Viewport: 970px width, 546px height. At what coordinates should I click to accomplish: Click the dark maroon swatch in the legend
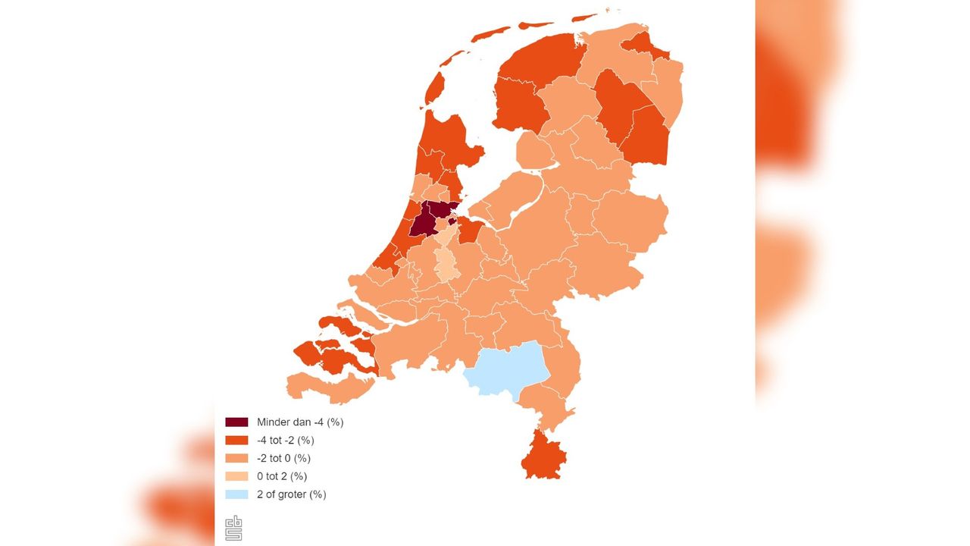click(x=236, y=422)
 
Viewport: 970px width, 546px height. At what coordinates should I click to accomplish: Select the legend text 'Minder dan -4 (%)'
click(x=300, y=422)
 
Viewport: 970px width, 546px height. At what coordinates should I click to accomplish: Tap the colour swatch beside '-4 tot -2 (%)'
click(x=236, y=441)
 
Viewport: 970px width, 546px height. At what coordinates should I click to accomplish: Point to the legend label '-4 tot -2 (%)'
click(x=285, y=441)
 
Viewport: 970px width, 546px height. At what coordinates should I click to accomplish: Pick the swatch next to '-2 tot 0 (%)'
click(x=236, y=459)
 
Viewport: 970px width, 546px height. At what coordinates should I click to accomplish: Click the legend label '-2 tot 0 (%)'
click(x=283, y=459)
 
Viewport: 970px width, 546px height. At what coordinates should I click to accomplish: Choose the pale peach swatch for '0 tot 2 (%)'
click(x=236, y=477)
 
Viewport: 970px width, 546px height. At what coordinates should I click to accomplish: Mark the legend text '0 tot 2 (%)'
click(x=281, y=477)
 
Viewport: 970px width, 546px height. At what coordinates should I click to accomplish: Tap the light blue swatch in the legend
click(x=236, y=495)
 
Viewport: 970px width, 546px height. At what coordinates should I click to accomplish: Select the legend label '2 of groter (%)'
click(x=291, y=495)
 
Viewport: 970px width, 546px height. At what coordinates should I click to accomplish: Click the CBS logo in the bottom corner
click(x=233, y=528)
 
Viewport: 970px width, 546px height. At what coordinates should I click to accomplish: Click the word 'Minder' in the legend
click(x=274, y=422)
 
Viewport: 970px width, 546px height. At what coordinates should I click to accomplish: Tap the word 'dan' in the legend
click(x=302, y=422)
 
